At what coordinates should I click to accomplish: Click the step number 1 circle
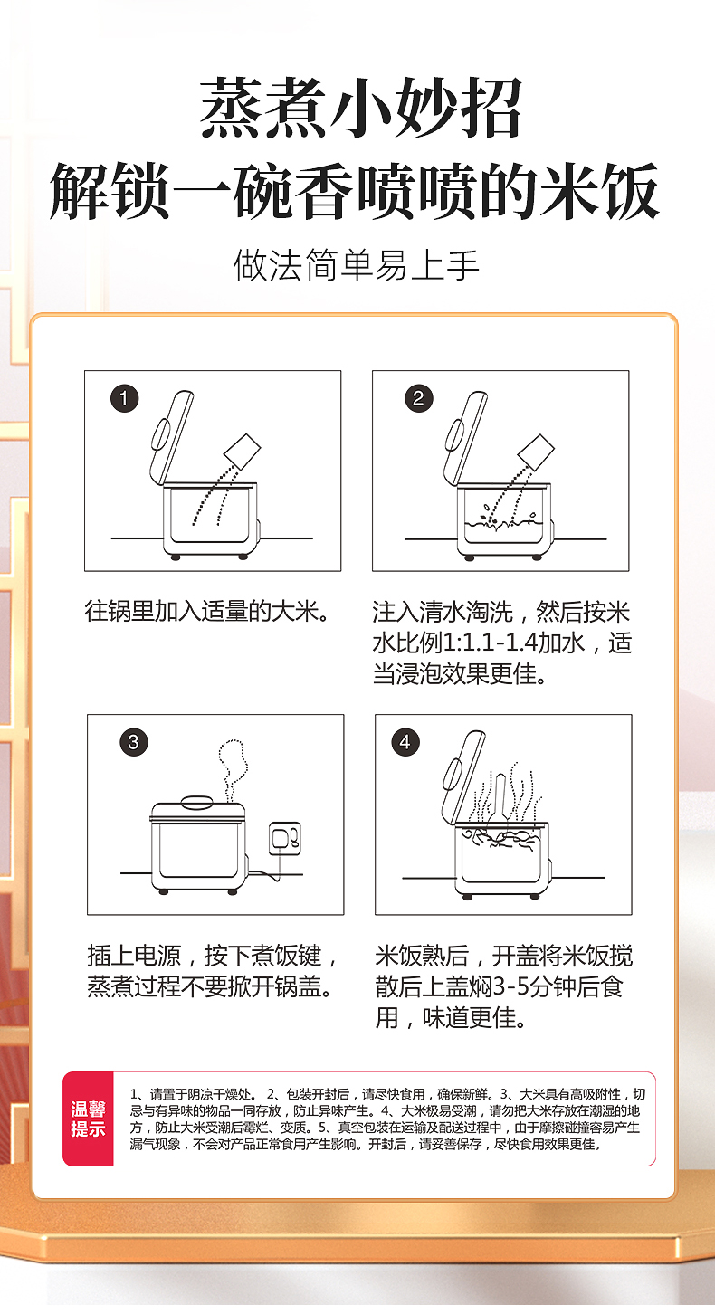coord(124,398)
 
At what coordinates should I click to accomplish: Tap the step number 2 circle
coord(419,398)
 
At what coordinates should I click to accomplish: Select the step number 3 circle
coord(134,742)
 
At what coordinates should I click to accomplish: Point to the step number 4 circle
coord(405,742)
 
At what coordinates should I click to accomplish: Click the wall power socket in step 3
coord(285,838)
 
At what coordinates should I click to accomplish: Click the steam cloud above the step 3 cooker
coord(233,768)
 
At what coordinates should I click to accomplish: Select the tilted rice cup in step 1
coord(242,451)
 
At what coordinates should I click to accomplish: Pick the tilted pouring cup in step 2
coord(536,452)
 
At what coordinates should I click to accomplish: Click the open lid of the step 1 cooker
coord(170,437)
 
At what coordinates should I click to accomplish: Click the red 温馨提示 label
coord(88,1119)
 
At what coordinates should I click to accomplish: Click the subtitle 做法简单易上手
coord(357,265)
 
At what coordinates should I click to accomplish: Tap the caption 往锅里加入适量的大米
coord(207,611)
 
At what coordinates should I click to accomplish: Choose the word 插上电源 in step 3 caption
coord(134,956)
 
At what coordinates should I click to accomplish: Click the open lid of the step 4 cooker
coord(463,775)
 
